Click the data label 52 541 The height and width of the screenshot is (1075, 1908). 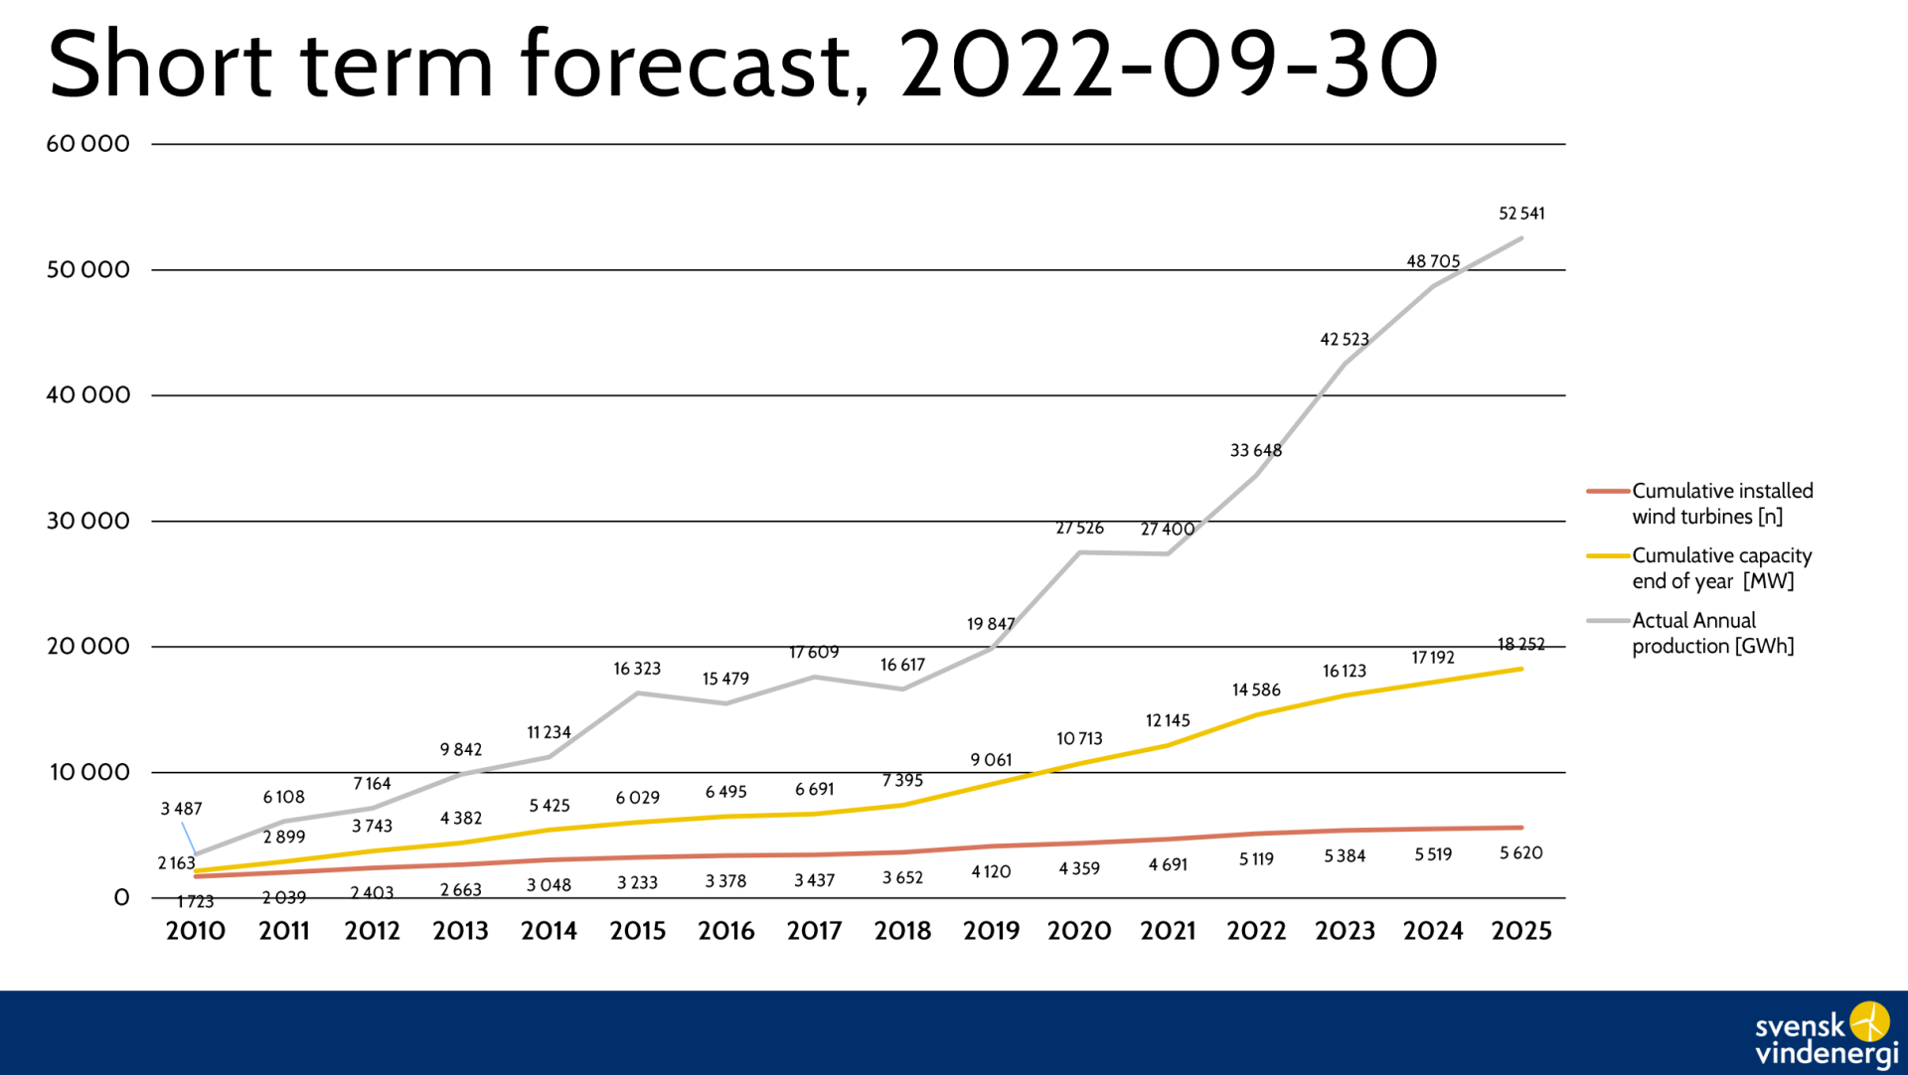point(1521,214)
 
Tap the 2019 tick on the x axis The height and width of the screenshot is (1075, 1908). point(991,931)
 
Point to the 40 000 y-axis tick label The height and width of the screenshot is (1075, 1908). point(88,395)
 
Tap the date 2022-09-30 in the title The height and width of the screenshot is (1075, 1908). point(1169,66)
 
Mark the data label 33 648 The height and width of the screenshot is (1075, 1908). point(1256,451)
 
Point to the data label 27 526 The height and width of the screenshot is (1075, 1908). point(1079,529)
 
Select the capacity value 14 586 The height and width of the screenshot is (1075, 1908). point(1256,691)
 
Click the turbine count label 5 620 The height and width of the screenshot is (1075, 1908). point(1520,853)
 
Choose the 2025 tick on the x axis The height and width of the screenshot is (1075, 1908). point(1520,931)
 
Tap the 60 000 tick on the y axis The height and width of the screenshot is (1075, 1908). point(88,144)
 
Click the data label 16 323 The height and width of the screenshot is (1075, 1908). point(637,670)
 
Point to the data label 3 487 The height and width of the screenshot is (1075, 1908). point(181,810)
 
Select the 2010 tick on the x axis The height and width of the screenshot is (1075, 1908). point(196,931)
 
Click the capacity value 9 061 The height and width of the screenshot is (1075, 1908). point(991,761)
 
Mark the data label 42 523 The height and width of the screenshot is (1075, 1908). point(1345,340)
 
